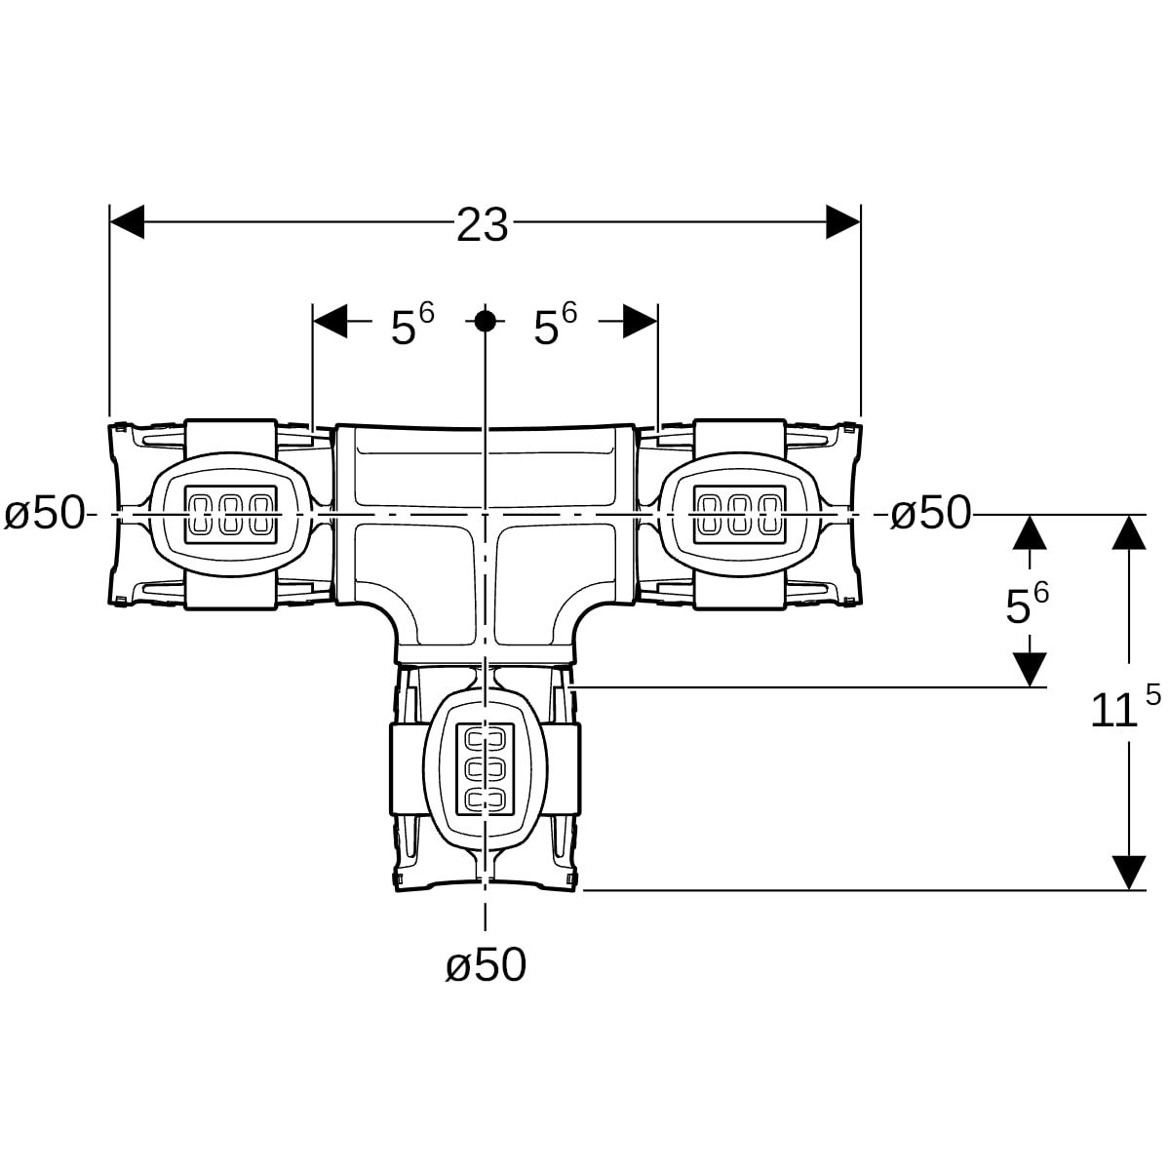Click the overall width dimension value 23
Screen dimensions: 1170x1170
[483, 225]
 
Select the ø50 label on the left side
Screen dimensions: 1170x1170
[44, 513]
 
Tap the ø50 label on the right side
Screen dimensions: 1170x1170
[931, 513]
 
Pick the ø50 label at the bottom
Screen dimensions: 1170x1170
[486, 965]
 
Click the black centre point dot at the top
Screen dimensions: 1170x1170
[485, 320]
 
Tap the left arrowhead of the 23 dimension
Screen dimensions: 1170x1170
[127, 222]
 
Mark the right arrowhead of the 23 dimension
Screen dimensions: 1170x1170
[843, 222]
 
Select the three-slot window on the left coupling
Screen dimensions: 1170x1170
[230, 514]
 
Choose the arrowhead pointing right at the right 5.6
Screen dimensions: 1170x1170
[641, 320]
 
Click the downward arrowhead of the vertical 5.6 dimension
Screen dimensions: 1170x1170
[1030, 670]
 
